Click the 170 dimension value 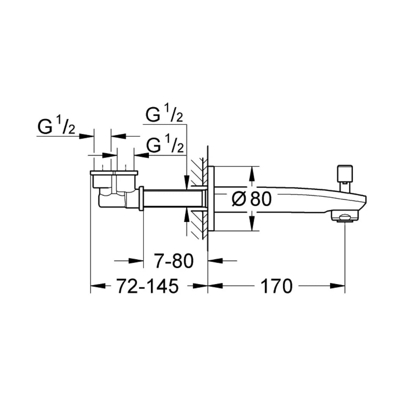pyautogui.click(x=276, y=286)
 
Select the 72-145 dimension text pyautogui.click(x=147, y=286)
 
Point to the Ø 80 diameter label pyautogui.click(x=252, y=199)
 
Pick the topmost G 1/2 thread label pyautogui.click(x=165, y=114)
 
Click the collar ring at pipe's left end pyautogui.click(x=141, y=198)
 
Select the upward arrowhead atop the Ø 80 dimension pyautogui.click(x=251, y=174)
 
